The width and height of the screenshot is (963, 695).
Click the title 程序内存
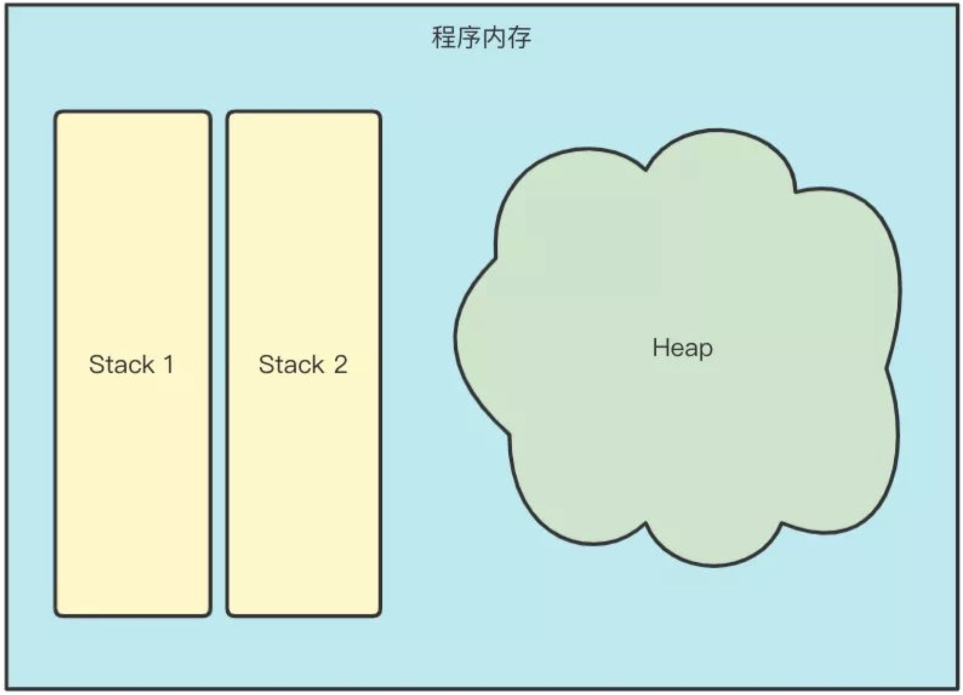click(481, 38)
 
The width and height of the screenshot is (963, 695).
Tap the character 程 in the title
click(443, 38)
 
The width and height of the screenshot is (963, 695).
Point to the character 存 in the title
click(519, 38)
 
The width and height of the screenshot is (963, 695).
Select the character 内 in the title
click(494, 38)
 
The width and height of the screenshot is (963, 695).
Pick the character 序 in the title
click(468, 38)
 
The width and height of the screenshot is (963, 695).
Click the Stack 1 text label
click(131, 364)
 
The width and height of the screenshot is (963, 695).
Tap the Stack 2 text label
click(303, 364)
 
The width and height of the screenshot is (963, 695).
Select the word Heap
click(682, 348)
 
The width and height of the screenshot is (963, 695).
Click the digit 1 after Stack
click(168, 364)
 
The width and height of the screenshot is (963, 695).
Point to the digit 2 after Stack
click(340, 364)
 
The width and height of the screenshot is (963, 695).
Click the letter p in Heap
click(706, 350)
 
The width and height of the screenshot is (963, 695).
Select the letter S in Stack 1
click(96, 364)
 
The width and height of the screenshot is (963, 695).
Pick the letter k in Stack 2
click(317, 364)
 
